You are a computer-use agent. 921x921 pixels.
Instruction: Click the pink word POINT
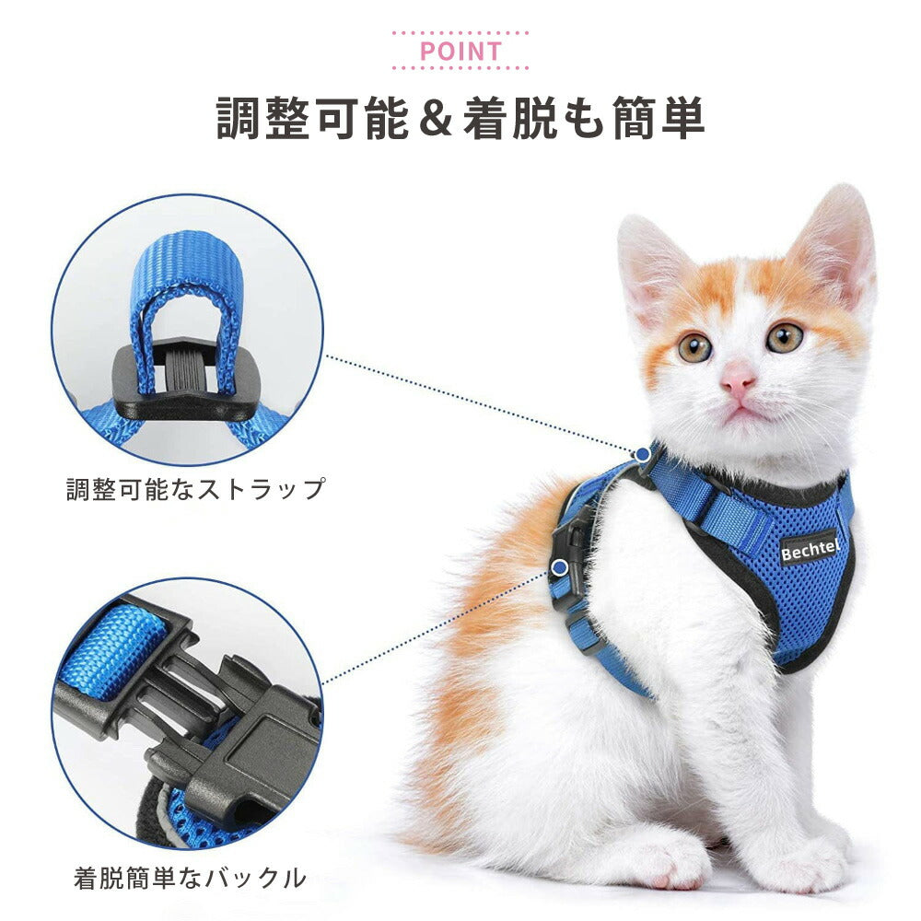pos(460,52)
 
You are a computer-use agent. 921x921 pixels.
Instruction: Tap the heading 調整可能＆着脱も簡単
pos(460,118)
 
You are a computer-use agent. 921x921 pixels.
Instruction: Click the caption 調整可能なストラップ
pos(195,489)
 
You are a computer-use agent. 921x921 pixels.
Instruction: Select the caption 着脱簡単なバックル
pos(190,878)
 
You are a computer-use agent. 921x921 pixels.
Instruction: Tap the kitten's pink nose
pos(738,379)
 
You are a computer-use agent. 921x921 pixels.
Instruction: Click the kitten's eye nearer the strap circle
pos(694,347)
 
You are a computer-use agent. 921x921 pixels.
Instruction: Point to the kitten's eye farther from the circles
pos(785,337)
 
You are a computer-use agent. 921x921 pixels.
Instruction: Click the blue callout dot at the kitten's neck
pos(643,454)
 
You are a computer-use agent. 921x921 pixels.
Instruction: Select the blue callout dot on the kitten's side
pos(560,567)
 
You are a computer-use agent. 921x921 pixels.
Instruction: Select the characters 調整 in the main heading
pos(264,118)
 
